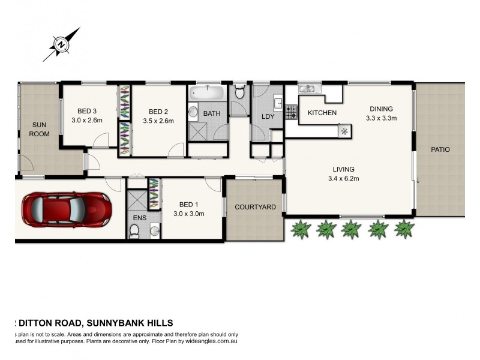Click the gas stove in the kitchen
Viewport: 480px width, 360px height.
[x=291, y=112]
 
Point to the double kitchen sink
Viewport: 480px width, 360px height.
[x=310, y=89]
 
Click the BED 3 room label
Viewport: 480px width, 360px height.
[x=87, y=111]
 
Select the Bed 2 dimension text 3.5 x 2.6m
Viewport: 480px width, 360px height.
[x=158, y=121]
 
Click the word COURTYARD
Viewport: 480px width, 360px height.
[x=255, y=207]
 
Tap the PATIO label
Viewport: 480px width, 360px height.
[x=439, y=149]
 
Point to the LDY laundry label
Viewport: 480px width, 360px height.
[x=268, y=116]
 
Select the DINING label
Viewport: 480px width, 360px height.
[x=381, y=109]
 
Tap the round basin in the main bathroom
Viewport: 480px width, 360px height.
[x=194, y=112]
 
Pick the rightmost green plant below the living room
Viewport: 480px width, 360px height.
[x=404, y=228]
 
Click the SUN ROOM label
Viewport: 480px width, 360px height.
[x=40, y=130]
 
